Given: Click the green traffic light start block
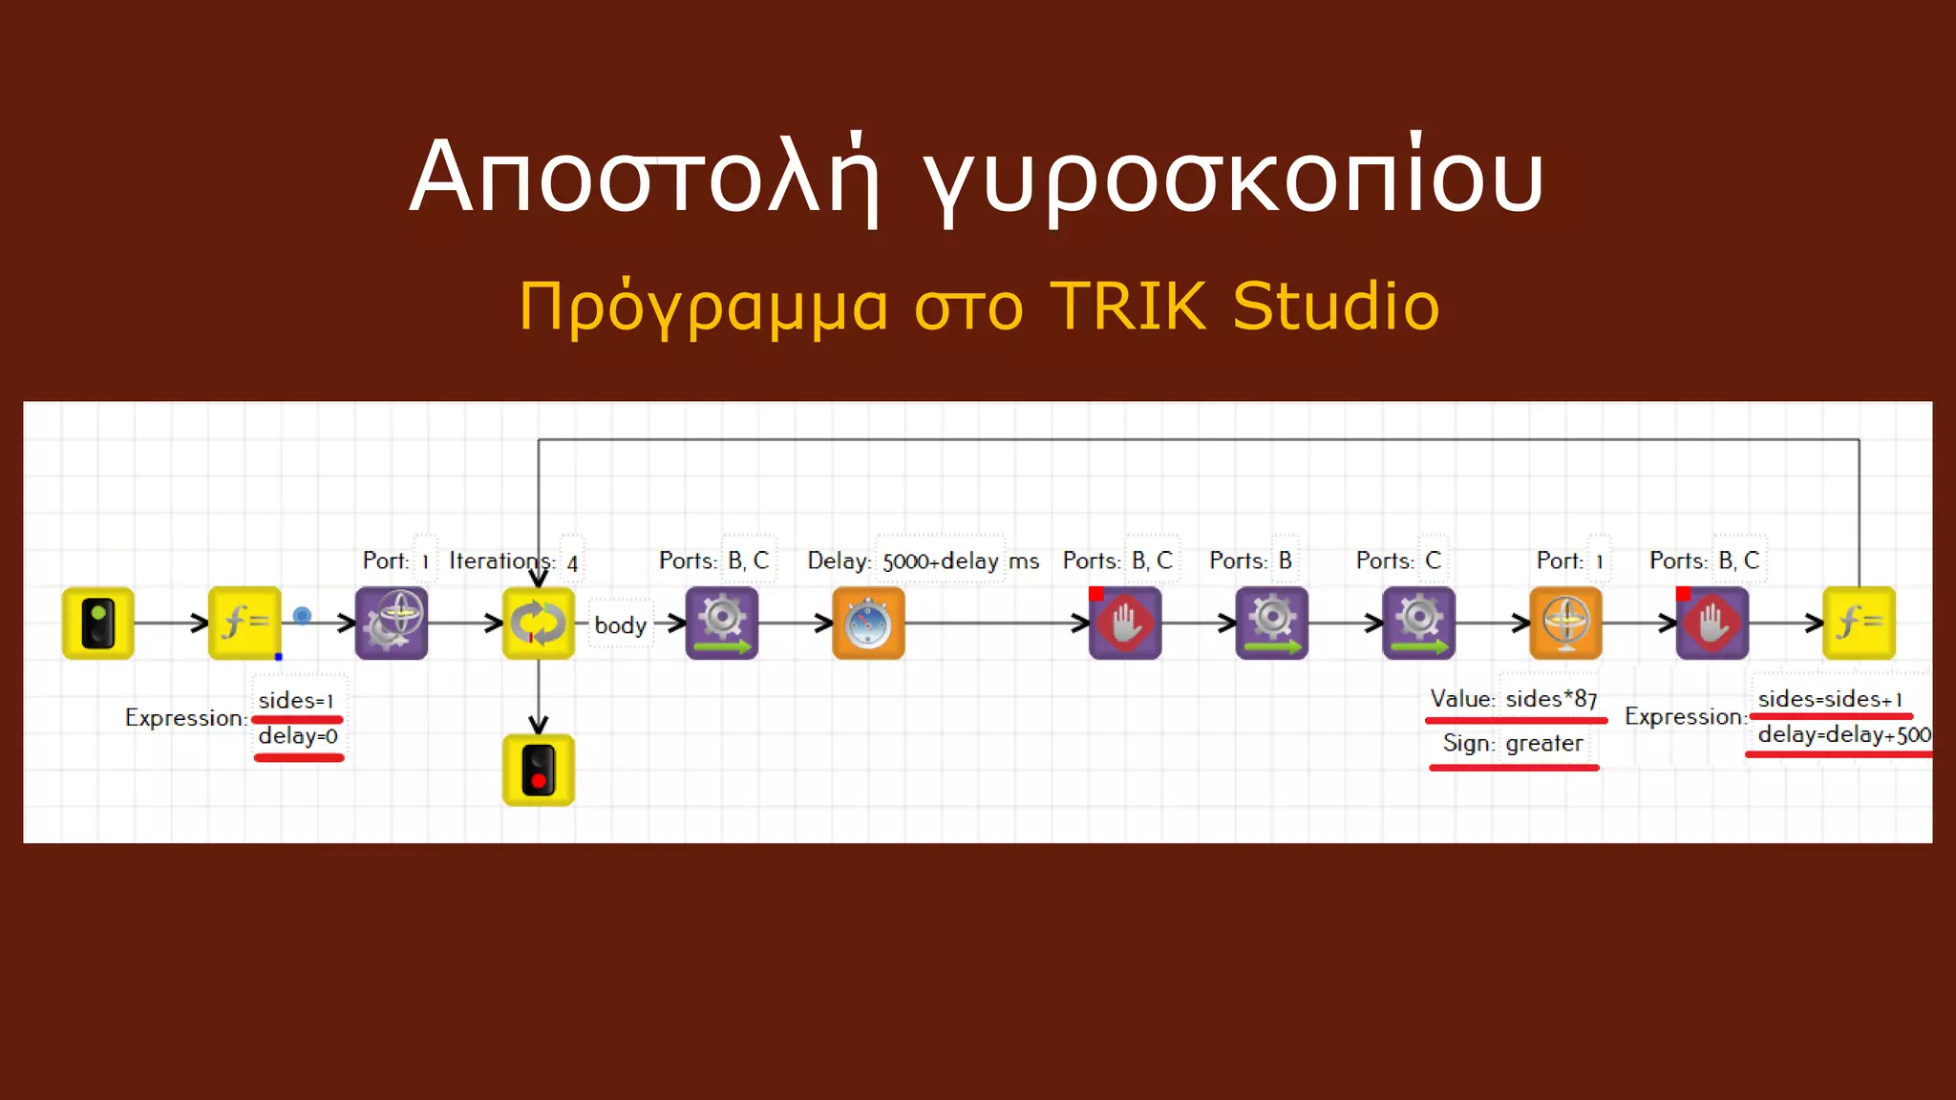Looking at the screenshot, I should [x=97, y=623].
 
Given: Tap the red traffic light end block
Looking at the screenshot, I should [x=538, y=770].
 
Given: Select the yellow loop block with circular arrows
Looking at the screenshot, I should [x=538, y=623].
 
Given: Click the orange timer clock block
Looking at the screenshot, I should [x=868, y=623].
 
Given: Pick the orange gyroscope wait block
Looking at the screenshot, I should [x=1565, y=623].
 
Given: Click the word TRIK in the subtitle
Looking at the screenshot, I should [x=1128, y=307].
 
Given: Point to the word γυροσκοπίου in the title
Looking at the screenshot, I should [x=1232, y=178].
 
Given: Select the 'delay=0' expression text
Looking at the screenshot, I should [x=298, y=736].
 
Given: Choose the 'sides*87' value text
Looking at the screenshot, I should [x=1551, y=699].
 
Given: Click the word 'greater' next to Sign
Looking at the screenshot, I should [x=1543, y=743].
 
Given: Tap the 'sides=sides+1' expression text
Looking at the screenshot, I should [x=1830, y=699].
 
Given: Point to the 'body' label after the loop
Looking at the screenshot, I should [x=620, y=625].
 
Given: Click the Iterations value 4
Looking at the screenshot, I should [x=572, y=563].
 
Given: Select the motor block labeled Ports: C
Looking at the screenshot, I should [x=1418, y=623].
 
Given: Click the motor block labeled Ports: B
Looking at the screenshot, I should [x=1271, y=623].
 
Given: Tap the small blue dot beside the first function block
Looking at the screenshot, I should [x=302, y=616].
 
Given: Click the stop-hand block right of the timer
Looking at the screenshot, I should [x=1125, y=623].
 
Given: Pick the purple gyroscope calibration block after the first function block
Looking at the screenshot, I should [x=391, y=623].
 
